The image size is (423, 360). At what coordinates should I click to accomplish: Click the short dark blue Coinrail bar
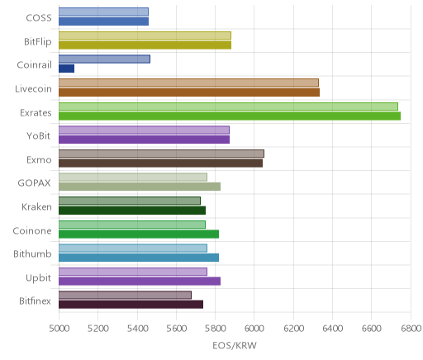tap(66, 69)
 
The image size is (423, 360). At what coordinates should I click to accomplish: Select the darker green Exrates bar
tap(230, 116)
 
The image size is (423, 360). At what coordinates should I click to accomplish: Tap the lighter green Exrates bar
tap(228, 107)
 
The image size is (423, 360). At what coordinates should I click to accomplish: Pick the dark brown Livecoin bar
tap(189, 92)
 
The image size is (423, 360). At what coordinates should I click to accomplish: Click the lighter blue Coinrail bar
tap(104, 59)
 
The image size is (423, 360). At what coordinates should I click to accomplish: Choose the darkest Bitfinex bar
tap(131, 305)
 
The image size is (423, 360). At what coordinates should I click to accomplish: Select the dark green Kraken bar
tap(132, 211)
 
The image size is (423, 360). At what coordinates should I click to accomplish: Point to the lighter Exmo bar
tap(161, 154)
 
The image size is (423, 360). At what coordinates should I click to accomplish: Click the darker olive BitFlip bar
tap(145, 45)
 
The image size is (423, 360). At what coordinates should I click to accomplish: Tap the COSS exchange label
tap(39, 18)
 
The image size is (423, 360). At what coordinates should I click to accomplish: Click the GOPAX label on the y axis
tap(34, 183)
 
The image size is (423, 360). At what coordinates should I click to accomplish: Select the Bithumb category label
tap(32, 253)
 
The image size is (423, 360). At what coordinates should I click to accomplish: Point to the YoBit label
tap(39, 136)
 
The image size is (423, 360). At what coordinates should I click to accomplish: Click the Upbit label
tap(38, 278)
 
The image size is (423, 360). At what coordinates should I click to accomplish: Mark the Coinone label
tap(32, 230)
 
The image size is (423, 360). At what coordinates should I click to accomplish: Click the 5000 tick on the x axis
tap(59, 329)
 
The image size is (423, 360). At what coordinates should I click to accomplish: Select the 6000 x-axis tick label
tap(254, 329)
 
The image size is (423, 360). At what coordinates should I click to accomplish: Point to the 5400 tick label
tap(137, 329)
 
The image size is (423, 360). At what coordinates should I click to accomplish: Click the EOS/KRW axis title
tap(235, 345)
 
